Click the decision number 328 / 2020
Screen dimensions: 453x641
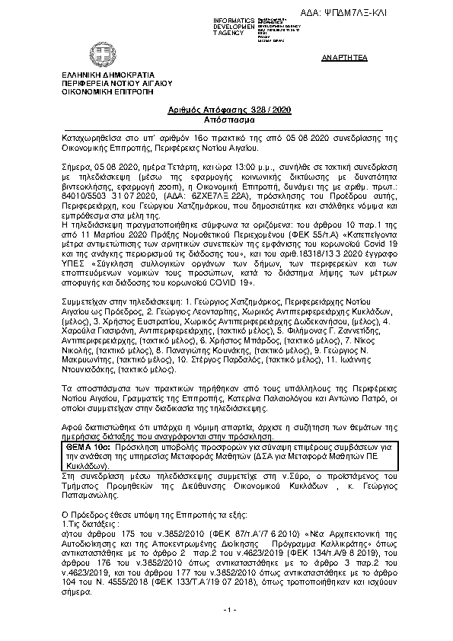tap(242, 110)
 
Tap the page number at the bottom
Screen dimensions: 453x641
tap(226, 633)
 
